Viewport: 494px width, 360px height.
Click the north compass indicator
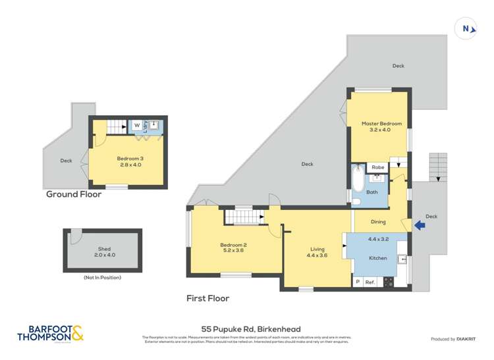point(466,28)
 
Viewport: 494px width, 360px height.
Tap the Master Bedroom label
point(376,126)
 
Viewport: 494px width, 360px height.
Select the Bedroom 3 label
point(129,161)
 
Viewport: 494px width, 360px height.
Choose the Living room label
point(318,252)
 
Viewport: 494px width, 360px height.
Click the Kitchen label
point(377,258)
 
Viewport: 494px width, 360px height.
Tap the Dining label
point(378,222)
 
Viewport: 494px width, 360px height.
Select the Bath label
point(372,192)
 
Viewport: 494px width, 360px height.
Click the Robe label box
point(377,168)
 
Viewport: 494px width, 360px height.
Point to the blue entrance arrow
point(418,226)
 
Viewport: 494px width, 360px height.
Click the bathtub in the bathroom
point(356,180)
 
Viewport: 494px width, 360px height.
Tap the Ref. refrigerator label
point(370,282)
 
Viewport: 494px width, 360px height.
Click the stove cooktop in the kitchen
point(388,282)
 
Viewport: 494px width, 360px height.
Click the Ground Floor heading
point(73,194)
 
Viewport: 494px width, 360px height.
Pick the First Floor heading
point(207,298)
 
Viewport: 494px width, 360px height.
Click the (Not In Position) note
point(102,278)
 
